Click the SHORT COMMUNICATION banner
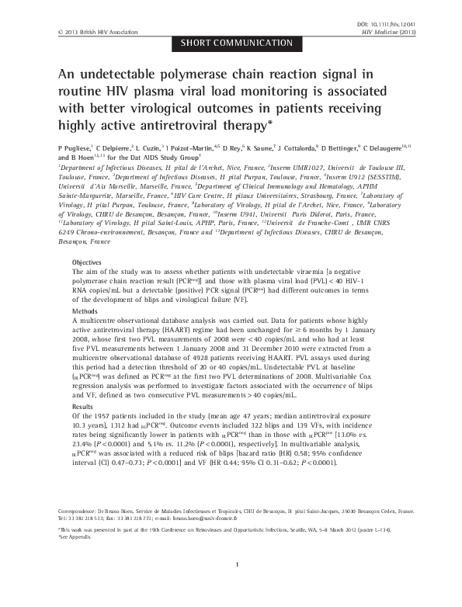click(231, 43)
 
